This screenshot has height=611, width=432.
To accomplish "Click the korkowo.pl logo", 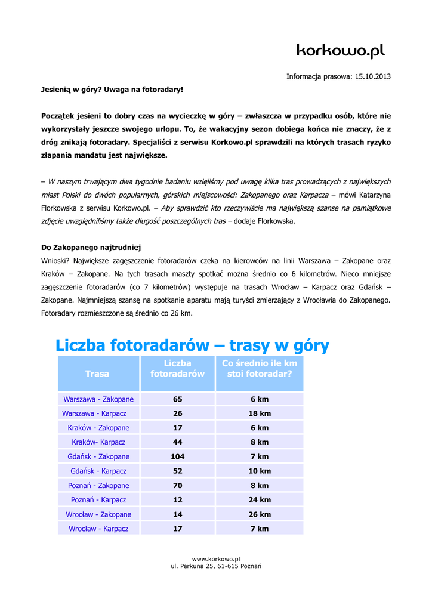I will [x=341, y=51].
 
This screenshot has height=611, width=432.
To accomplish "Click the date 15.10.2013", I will [x=373, y=76].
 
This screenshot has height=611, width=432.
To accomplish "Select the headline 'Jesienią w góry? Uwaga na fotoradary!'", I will [x=112, y=90].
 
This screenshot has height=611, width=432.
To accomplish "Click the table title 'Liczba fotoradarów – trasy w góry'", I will [x=192, y=345].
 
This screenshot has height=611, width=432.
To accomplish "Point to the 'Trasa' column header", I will [x=97, y=374].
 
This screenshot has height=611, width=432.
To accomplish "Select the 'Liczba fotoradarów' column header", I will [x=177, y=368].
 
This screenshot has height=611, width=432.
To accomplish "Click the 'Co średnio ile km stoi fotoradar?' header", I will [x=260, y=368].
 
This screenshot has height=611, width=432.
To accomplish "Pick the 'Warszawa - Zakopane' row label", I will [x=98, y=399].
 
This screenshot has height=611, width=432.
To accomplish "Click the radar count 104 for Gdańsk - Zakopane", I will [x=177, y=456].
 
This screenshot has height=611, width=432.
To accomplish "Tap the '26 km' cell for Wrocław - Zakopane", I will [x=260, y=514].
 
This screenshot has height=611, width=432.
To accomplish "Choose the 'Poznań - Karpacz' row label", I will [x=98, y=500].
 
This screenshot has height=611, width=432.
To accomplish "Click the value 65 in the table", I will [x=177, y=399].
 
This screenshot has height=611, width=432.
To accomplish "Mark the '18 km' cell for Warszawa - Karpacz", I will [x=260, y=413].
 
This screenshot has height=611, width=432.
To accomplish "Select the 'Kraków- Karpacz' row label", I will [x=98, y=442].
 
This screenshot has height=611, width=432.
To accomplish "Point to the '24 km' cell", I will [x=260, y=500].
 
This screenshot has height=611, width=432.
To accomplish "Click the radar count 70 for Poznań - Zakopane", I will [x=177, y=486].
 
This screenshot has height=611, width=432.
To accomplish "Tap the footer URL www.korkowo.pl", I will [x=216, y=558].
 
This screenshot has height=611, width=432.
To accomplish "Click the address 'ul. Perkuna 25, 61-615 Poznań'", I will [x=216, y=566].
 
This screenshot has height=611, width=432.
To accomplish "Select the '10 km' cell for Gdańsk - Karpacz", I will [x=260, y=471].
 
